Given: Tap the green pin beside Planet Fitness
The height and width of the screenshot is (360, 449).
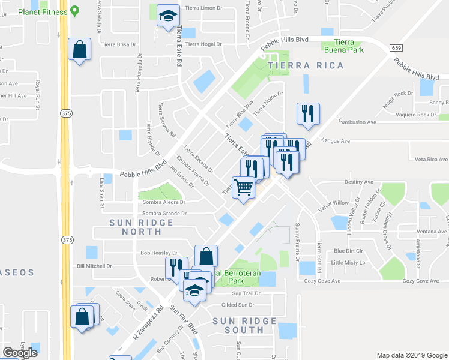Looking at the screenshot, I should (74, 10).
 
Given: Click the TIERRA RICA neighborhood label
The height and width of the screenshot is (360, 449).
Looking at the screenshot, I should (306, 65).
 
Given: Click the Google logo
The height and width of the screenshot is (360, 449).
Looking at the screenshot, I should (20, 352).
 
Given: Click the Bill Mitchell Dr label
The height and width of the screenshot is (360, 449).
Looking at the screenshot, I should (95, 266).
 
